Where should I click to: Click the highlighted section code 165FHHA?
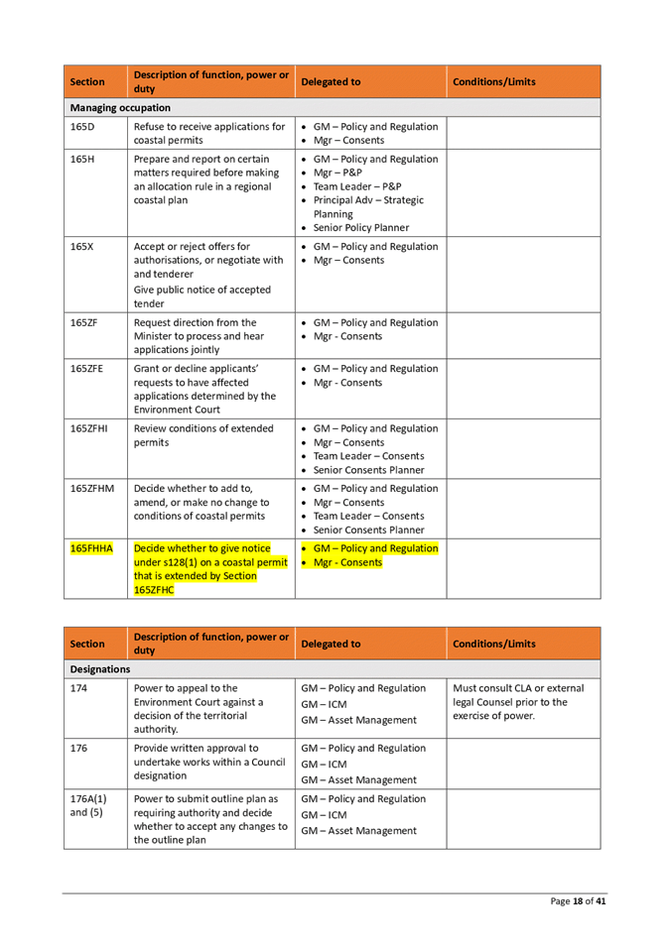tap(91, 547)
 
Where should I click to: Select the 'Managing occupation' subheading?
tap(120, 107)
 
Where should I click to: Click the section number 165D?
tap(82, 128)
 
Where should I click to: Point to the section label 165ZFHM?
tap(91, 490)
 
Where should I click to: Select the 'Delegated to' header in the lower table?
tap(331, 644)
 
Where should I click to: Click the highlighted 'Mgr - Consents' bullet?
tap(347, 562)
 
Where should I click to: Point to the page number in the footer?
tap(579, 900)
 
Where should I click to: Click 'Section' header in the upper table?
tap(87, 82)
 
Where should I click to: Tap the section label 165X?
tap(82, 245)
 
